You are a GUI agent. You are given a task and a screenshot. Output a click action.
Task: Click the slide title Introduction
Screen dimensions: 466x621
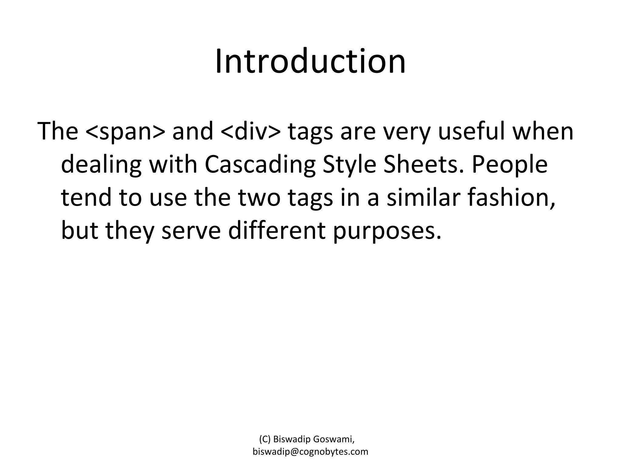click(x=310, y=62)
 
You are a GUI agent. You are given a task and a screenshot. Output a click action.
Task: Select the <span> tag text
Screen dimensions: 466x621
click(x=126, y=131)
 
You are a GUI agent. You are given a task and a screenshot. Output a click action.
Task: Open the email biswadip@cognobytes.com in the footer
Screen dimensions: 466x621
click(x=310, y=452)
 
